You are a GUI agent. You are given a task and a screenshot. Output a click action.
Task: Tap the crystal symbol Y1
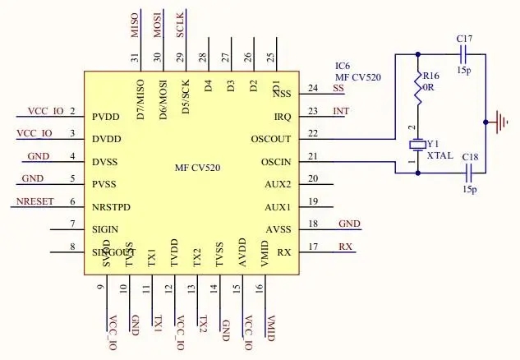[417, 145]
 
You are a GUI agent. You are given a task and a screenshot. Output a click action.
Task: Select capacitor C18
[469, 173]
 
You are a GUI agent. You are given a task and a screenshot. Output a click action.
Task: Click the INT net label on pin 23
[340, 111]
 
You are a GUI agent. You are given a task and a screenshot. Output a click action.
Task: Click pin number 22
[312, 133]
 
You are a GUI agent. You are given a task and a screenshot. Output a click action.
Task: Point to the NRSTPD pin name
[113, 207]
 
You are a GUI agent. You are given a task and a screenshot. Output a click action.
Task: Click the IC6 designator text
[343, 65]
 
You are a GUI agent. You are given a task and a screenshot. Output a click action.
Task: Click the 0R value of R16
[430, 85]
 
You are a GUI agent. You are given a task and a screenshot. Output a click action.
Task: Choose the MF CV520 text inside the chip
[197, 168]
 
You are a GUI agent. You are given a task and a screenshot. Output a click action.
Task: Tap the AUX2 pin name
[278, 184]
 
